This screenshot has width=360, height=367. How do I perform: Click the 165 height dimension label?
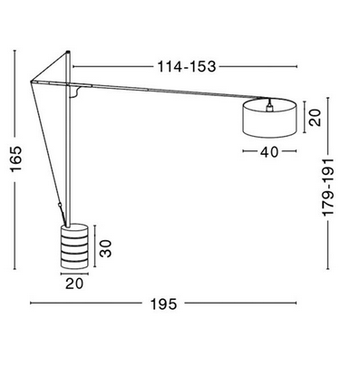coord(16,159)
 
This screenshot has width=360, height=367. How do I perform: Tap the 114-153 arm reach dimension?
coord(187,66)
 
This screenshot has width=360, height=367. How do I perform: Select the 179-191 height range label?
coord(327,187)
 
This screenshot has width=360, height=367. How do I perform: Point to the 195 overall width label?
coord(163,304)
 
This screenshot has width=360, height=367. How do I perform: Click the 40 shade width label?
coord(269,152)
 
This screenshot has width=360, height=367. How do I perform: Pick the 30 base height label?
coord(106,248)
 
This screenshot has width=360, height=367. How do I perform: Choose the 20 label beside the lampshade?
coord(315,118)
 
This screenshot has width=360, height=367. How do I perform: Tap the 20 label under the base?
coord(74,284)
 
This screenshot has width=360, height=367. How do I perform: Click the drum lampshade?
coord(269,119)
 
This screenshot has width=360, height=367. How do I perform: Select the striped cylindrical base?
coord(74,246)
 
